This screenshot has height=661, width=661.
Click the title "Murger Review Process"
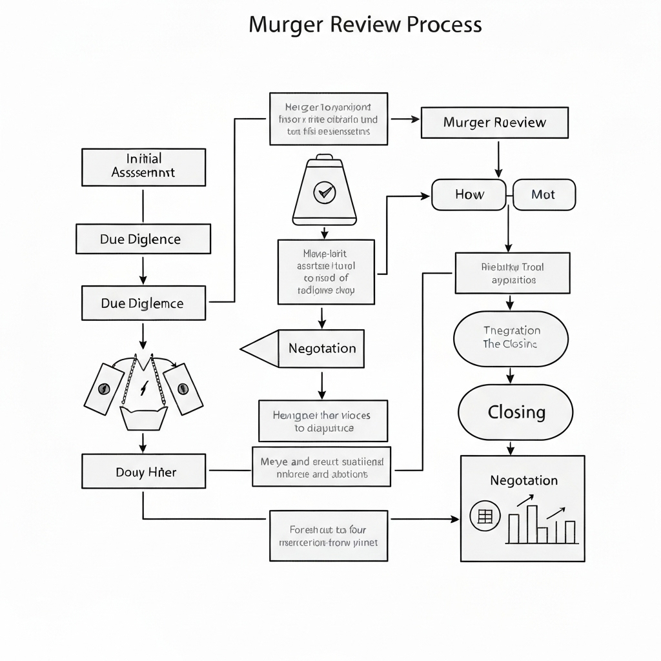tap(365, 25)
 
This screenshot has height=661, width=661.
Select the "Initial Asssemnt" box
tap(143, 167)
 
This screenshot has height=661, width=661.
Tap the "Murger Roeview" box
tap(494, 123)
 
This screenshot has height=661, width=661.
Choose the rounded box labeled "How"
tap(469, 194)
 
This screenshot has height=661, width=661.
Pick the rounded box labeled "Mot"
tap(543, 194)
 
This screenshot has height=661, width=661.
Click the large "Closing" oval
tap(516, 412)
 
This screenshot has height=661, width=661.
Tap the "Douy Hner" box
tap(143, 472)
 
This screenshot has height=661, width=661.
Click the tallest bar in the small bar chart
tap(531, 524)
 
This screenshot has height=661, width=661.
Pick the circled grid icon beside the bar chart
tap(485, 516)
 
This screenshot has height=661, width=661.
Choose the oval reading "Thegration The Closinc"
tap(511, 338)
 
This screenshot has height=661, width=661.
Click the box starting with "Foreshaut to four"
tap(329, 535)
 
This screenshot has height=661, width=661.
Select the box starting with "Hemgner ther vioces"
tap(323, 421)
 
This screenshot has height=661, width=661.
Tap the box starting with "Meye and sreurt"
tap(321, 467)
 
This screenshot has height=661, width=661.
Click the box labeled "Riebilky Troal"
tap(513, 273)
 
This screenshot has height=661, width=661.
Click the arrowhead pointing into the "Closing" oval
tap(510, 378)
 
